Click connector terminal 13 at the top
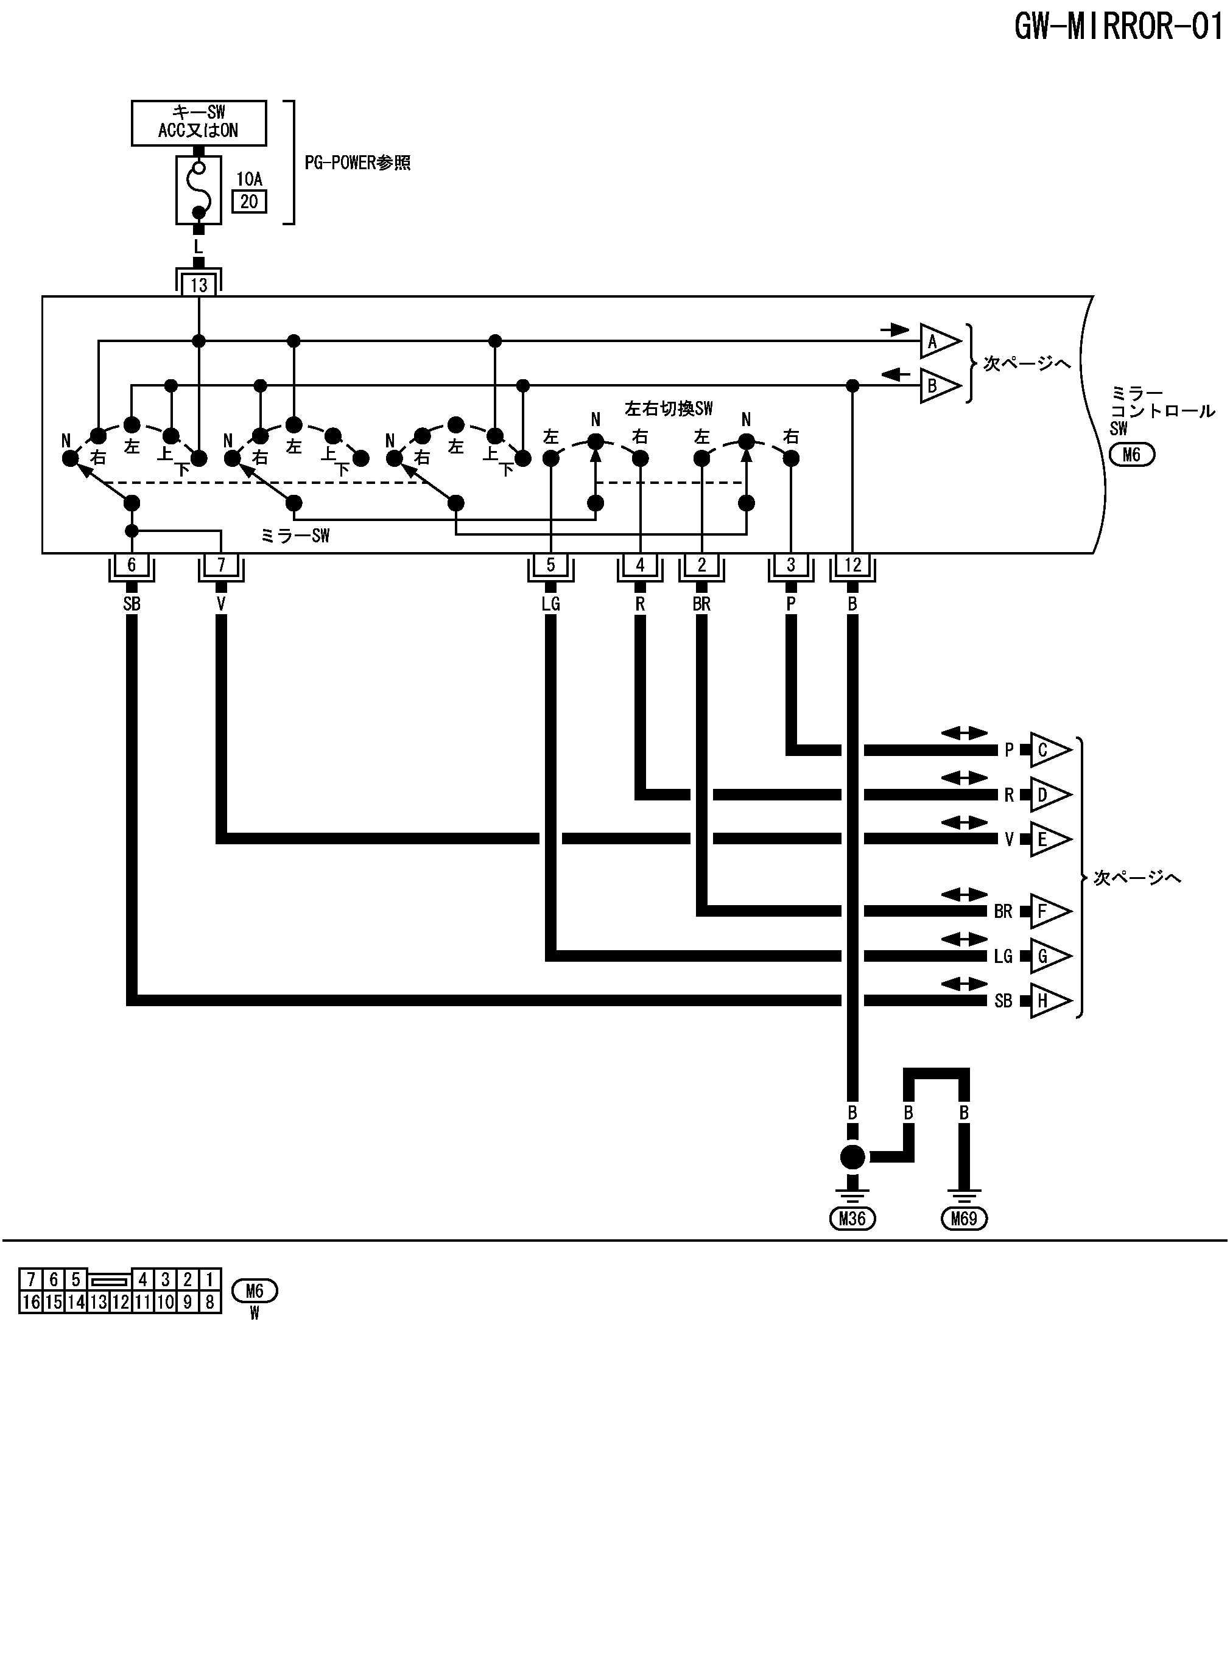tap(199, 285)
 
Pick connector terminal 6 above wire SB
tap(132, 565)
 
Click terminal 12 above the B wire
tap(852, 565)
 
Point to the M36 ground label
tap(852, 1218)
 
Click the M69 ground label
tap(964, 1218)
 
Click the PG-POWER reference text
tap(357, 163)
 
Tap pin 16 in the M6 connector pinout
tap(31, 1301)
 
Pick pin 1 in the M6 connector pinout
tap(210, 1279)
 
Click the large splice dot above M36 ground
tap(852, 1157)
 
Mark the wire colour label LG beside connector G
tap(1003, 956)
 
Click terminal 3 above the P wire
tap(791, 565)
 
